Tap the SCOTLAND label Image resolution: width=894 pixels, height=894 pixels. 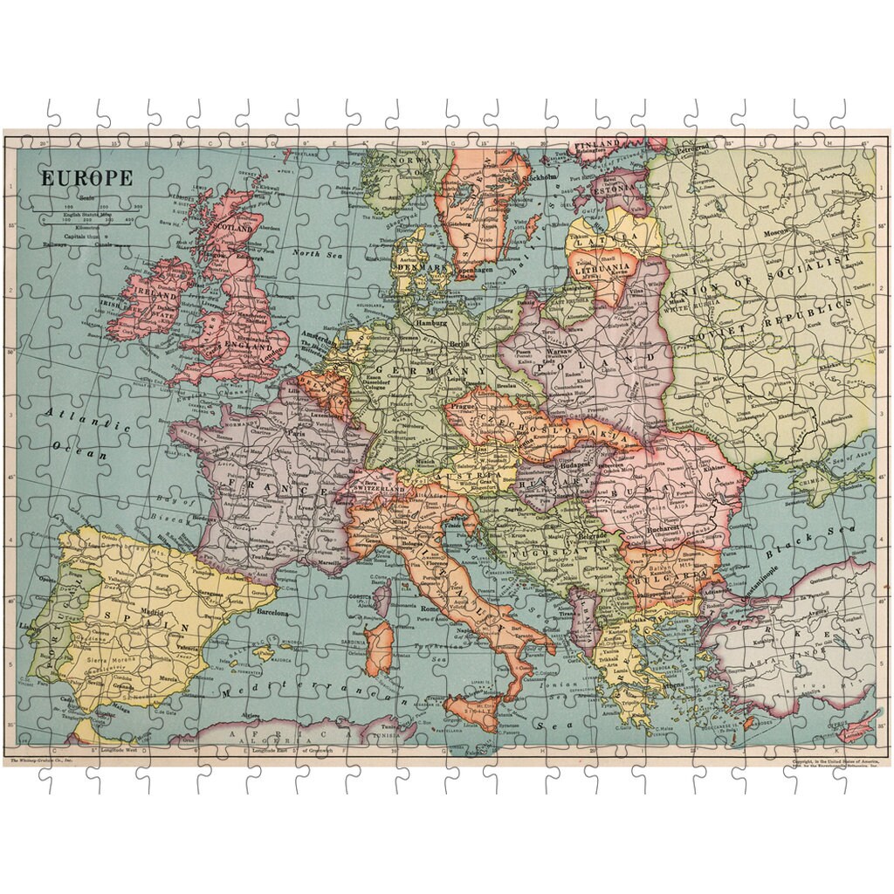[x=231, y=228]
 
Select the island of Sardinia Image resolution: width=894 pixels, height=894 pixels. [x=378, y=646]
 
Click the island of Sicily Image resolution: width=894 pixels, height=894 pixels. [x=475, y=712]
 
